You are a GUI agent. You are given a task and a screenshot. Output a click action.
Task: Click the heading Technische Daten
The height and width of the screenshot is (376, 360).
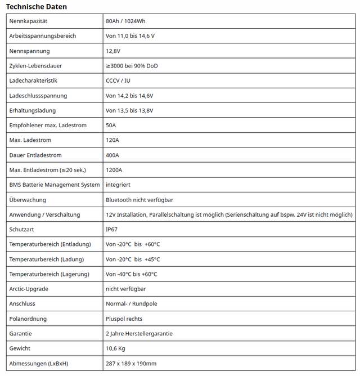coord(37,6)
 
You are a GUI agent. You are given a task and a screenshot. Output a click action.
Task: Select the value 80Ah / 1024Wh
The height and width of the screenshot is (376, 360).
coord(126,21)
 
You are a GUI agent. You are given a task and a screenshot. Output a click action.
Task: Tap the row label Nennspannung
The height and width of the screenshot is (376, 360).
coord(29,51)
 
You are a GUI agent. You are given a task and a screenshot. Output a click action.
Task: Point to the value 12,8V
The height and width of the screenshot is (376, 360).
coord(113,51)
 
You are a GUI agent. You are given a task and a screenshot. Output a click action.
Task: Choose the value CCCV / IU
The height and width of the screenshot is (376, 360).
coord(118,80)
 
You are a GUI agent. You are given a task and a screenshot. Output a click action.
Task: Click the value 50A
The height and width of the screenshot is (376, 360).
coord(111,125)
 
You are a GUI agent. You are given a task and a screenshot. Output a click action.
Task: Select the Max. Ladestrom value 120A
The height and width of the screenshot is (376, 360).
coord(112,140)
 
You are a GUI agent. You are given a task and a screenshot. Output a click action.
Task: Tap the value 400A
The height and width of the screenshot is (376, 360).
coord(112,155)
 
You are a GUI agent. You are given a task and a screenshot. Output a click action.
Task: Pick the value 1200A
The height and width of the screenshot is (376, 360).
coord(114,170)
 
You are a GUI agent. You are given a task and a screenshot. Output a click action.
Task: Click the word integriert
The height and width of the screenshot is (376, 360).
coord(118,185)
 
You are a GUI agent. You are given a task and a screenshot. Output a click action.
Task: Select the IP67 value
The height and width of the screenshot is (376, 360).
coord(111,230)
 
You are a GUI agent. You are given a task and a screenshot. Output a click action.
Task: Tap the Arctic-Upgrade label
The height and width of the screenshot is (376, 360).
coord(29,289)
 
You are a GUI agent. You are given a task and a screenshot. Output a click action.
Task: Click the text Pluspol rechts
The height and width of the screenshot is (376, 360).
coord(124,319)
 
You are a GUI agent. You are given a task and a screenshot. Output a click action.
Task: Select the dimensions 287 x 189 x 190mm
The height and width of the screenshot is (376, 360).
coord(131,364)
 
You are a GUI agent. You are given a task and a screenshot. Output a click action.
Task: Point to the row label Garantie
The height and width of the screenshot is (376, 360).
coord(21,334)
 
